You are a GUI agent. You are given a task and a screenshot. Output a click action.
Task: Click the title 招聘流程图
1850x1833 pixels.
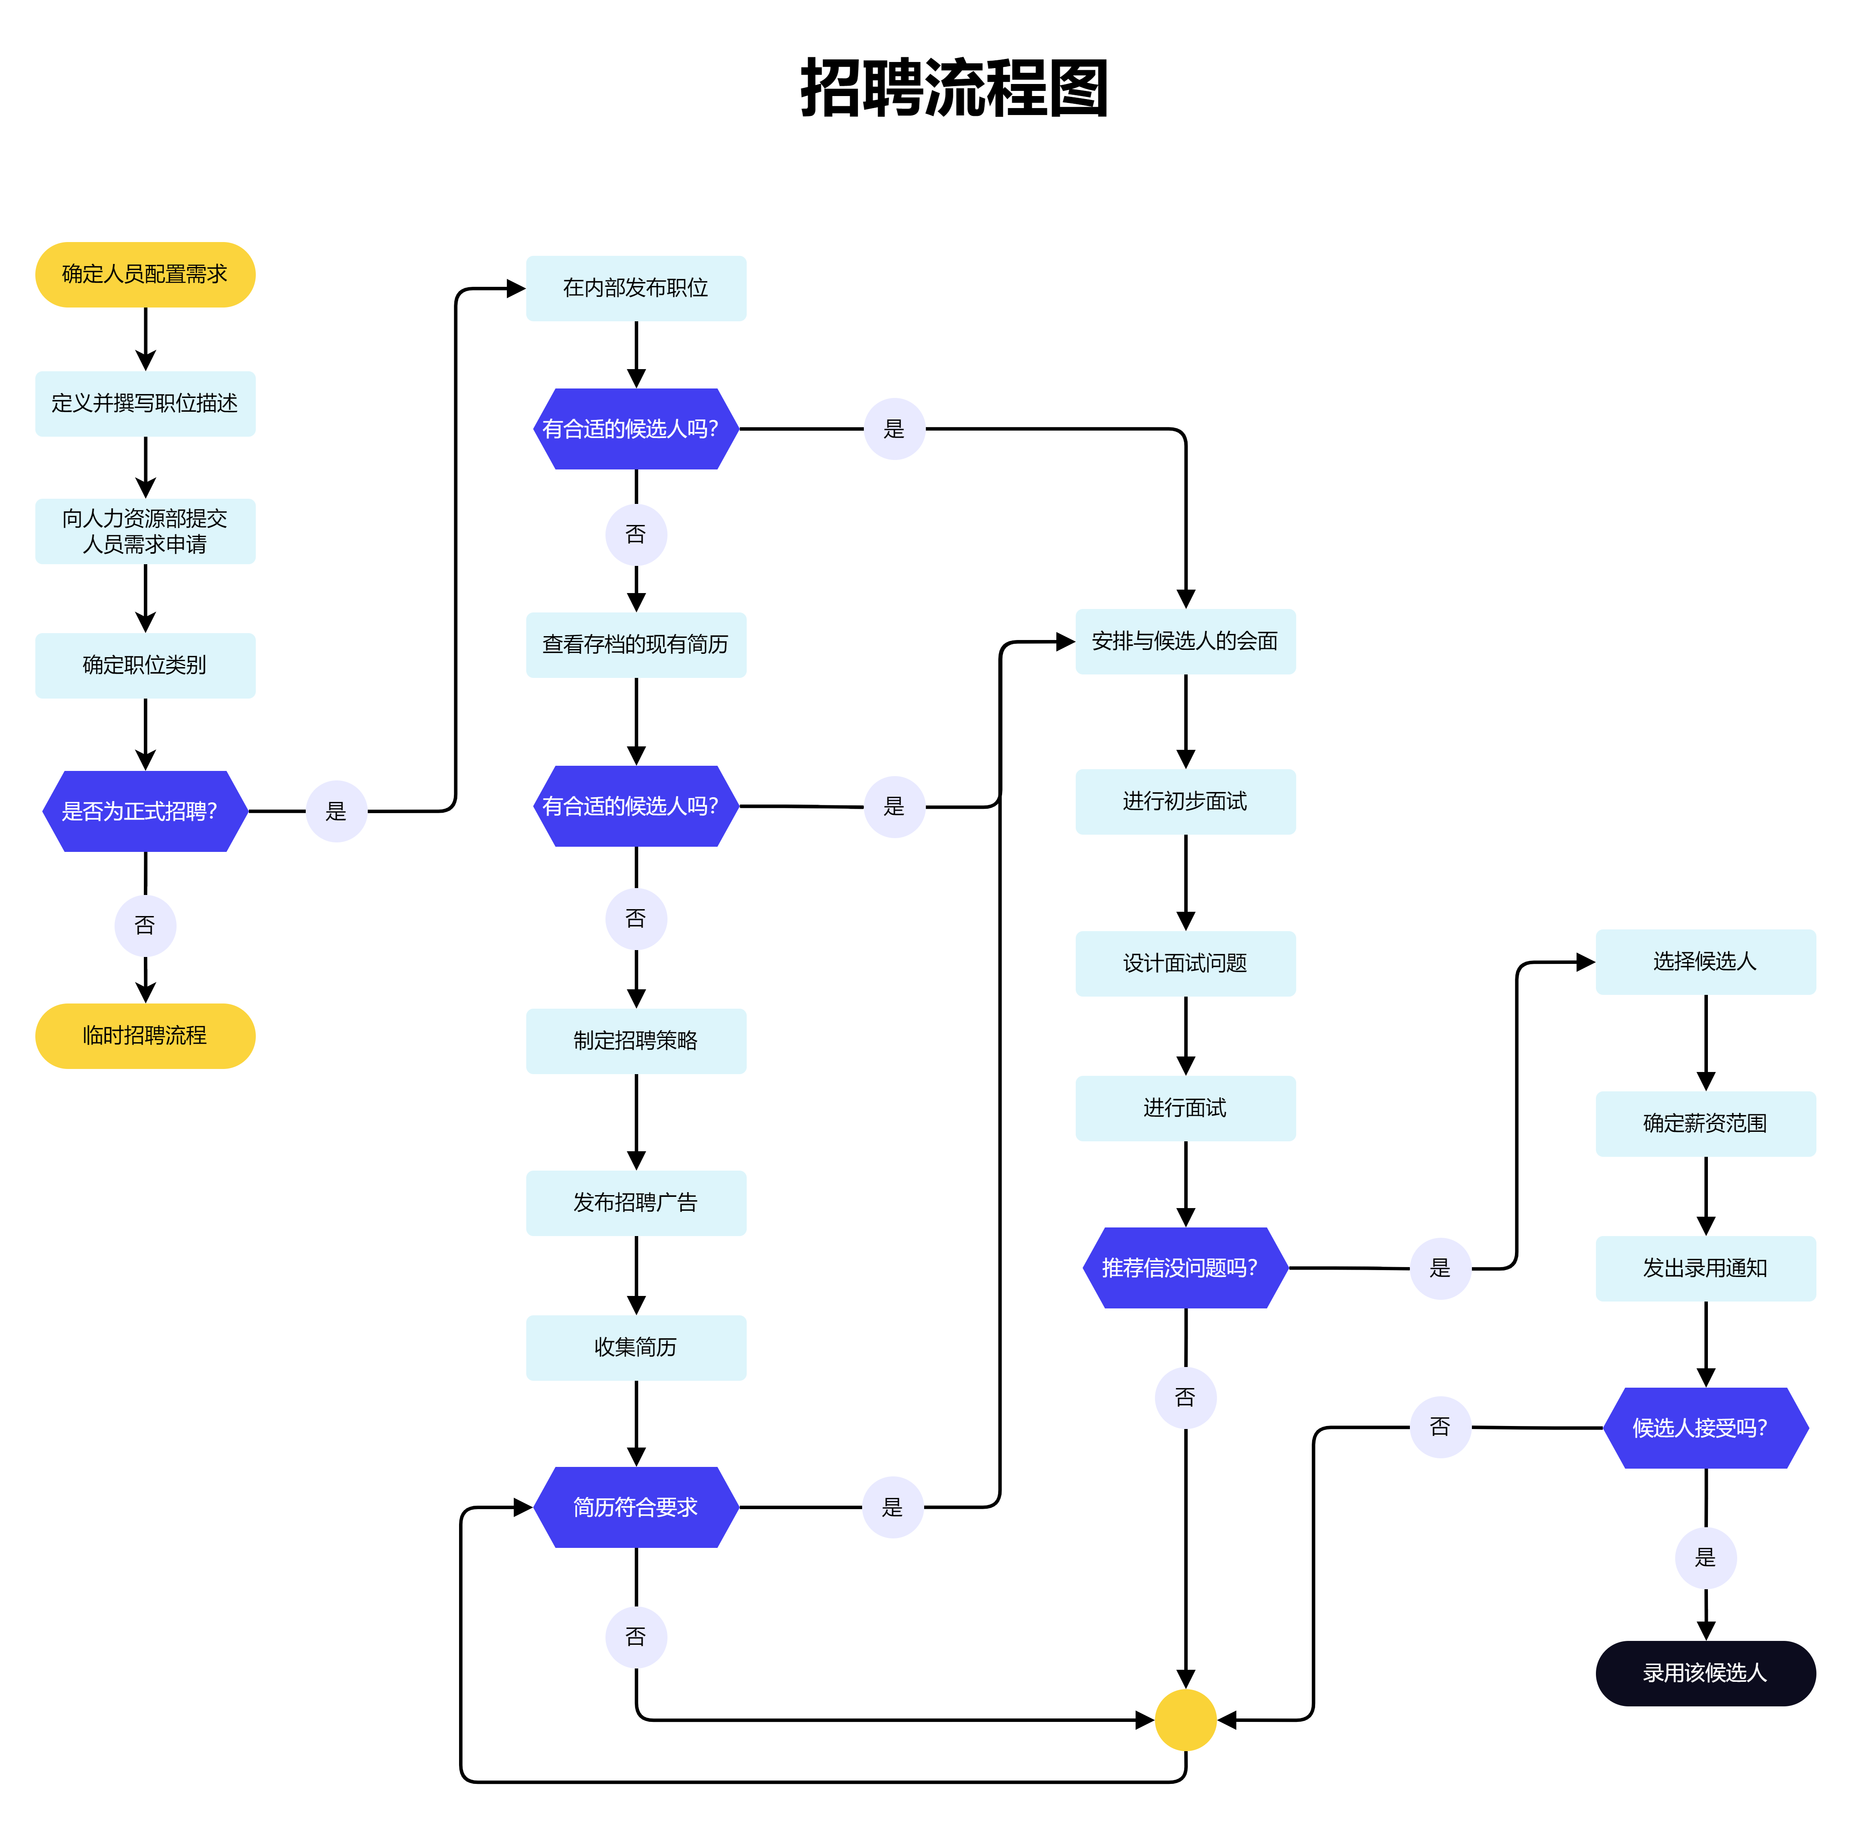[x=954, y=88]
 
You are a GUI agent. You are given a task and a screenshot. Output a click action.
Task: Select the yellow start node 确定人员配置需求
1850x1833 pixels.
[x=145, y=275]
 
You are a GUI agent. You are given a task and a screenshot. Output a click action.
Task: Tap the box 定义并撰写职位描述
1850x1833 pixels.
[x=145, y=403]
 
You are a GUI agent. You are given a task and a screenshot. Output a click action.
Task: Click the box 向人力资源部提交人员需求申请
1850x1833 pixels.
[x=145, y=531]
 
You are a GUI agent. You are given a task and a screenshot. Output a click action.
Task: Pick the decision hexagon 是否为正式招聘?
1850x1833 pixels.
[x=145, y=811]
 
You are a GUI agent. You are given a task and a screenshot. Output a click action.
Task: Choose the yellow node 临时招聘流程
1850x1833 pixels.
[x=145, y=1035]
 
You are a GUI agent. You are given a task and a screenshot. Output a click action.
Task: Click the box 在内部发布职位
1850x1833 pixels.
[x=636, y=288]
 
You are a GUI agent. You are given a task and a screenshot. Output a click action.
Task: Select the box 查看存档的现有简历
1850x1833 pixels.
[x=636, y=644]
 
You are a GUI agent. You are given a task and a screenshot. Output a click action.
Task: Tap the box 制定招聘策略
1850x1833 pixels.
[x=636, y=1041]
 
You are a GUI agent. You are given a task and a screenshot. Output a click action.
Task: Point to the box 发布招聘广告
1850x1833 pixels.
[x=636, y=1203]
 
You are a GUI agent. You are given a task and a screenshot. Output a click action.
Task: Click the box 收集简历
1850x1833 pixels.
[x=636, y=1348]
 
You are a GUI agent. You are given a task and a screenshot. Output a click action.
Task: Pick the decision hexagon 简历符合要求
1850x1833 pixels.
[x=636, y=1507]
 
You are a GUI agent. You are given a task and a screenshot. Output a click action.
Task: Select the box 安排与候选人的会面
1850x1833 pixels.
[x=1186, y=642]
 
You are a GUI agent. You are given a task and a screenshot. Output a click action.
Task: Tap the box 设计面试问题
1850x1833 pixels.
[x=1186, y=963]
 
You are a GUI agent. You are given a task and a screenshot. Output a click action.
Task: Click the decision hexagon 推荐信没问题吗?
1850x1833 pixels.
[x=1186, y=1268]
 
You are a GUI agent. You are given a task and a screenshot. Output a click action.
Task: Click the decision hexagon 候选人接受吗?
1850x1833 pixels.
[x=1705, y=1428]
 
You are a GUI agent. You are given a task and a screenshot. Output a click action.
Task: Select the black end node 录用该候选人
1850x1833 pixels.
[x=1705, y=1673]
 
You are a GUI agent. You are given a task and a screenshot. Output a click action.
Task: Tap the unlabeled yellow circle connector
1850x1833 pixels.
[x=1186, y=1720]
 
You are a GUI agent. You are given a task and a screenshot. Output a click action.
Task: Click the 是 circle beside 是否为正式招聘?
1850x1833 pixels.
[x=336, y=811]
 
